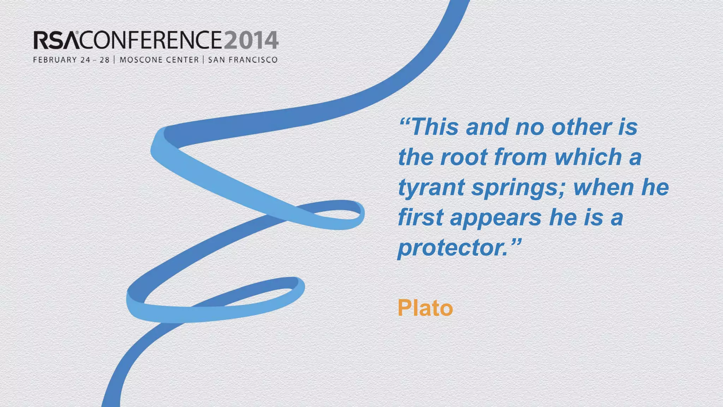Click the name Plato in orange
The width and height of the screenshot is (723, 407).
(425, 308)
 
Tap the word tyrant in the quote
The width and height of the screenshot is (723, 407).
(431, 187)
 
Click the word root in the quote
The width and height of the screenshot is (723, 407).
(464, 157)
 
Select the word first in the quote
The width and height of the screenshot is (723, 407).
(420, 217)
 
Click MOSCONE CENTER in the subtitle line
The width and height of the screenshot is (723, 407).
(159, 60)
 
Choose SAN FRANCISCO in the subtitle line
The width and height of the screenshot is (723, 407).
(243, 60)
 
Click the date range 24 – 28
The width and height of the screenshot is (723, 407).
(95, 60)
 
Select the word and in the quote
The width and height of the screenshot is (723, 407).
(487, 127)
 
